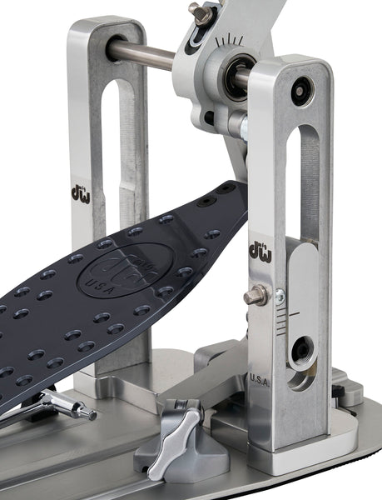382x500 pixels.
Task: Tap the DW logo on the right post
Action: (260, 250)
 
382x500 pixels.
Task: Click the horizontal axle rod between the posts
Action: (141, 53)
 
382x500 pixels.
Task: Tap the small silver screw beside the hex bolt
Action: (280, 295)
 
